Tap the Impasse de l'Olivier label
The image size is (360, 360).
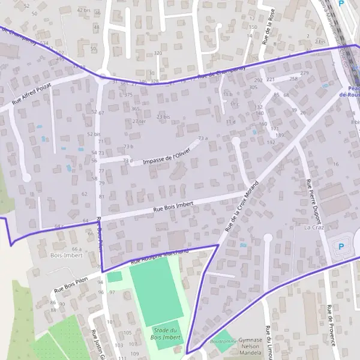[167, 156]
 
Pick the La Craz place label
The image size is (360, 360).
[314, 228]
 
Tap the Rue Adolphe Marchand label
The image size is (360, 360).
[160, 256]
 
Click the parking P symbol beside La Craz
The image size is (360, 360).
[342, 245]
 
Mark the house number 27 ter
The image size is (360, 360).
[139, 121]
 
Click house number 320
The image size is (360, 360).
[158, 53]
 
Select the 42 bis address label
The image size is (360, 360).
[84, 10]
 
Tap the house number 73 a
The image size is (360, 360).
[203, 138]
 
